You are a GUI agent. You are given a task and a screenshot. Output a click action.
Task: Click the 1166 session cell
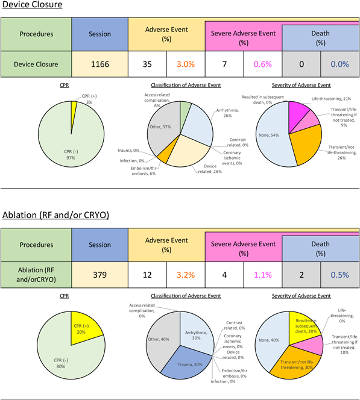100,64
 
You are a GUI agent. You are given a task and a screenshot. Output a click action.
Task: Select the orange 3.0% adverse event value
186,64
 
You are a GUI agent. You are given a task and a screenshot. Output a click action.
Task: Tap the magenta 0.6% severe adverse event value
263,64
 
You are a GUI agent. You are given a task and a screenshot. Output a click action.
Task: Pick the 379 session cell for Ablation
100,275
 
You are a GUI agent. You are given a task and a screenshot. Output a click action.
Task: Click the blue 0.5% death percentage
339,275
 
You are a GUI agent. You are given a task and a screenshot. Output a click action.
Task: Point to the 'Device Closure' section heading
32,4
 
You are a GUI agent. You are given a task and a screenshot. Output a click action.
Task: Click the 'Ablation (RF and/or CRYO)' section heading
55,215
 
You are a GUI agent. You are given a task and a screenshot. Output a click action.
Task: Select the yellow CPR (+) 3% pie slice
74,112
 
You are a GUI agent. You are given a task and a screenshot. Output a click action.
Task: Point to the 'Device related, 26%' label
210,169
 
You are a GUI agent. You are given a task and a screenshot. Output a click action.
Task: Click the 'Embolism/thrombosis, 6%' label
144,171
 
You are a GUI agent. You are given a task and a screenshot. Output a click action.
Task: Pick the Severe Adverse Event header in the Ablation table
244,248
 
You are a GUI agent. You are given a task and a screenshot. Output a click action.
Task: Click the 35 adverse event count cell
147,64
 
